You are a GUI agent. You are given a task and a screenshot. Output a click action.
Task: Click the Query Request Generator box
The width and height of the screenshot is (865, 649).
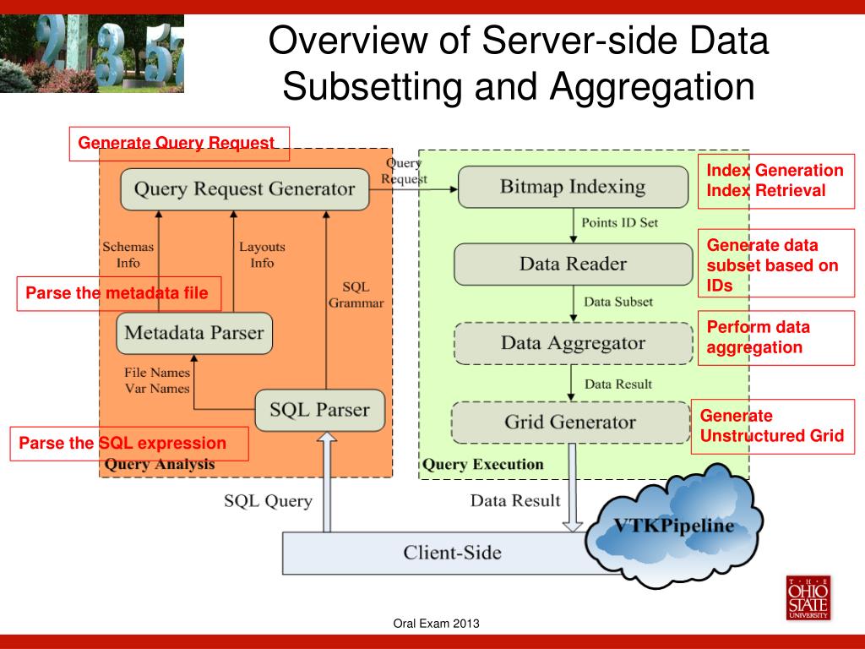244,189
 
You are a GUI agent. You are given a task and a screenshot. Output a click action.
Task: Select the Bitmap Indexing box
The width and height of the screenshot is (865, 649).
573,187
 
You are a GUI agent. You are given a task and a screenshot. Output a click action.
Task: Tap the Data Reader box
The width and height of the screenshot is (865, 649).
573,265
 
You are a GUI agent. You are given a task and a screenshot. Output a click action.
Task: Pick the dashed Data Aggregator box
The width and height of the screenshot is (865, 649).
573,343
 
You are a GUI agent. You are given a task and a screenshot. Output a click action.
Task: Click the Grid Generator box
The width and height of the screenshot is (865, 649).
570,422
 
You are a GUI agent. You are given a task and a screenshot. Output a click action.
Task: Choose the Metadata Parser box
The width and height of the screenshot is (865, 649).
194,333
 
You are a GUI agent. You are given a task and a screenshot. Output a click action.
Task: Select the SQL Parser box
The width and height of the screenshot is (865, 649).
319,410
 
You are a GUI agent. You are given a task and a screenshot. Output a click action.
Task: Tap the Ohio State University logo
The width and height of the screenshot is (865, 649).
808,598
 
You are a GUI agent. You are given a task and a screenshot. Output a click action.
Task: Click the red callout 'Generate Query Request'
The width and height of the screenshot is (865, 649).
179,144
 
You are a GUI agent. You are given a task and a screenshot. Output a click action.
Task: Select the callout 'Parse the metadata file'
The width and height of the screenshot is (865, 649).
118,293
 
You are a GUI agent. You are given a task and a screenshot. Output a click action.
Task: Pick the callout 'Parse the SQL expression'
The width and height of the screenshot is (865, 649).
128,444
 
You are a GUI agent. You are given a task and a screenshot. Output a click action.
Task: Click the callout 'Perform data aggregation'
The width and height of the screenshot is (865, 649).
775,337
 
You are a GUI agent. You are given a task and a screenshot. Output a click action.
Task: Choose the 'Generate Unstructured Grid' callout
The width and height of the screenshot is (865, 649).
772,426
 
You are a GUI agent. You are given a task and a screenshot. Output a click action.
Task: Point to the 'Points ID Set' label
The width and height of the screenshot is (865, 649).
620,223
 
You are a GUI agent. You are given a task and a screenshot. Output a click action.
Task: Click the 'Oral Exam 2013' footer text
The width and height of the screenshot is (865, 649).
437,624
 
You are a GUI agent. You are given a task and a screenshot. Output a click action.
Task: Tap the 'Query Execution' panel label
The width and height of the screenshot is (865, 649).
482,464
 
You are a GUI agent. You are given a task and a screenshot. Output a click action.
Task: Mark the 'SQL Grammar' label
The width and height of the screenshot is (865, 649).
356,295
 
